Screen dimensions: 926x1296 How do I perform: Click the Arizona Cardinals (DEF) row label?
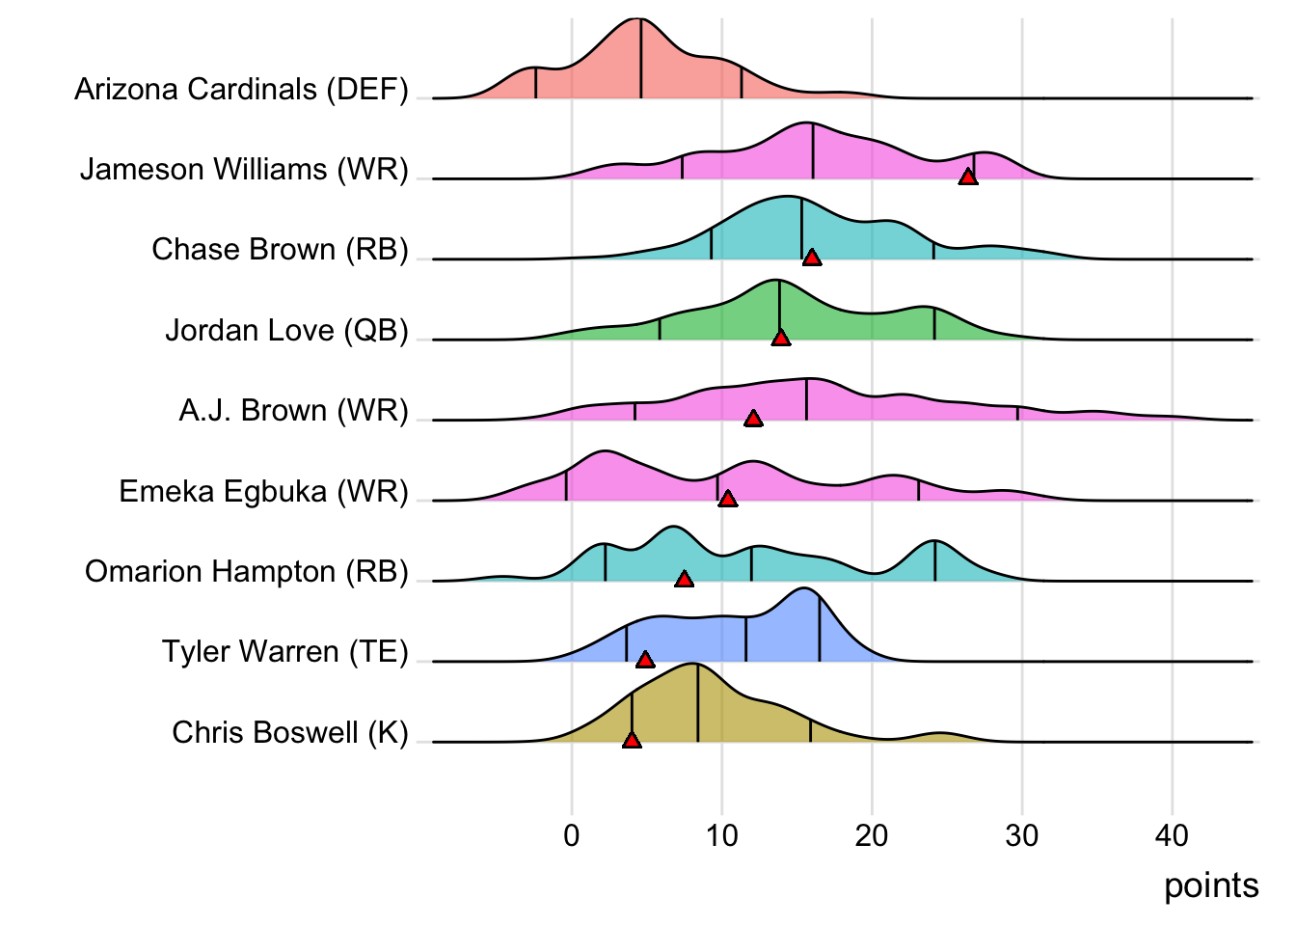point(241,90)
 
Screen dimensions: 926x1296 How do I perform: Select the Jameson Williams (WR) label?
point(244,170)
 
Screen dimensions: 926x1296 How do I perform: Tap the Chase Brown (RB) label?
point(280,250)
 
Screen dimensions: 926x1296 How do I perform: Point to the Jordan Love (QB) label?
point(286,331)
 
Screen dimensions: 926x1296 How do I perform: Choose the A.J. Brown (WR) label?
point(293,411)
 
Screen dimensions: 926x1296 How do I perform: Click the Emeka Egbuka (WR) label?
point(263,492)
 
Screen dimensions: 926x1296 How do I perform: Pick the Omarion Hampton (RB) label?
point(246,572)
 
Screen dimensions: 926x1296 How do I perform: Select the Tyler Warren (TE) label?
point(284,652)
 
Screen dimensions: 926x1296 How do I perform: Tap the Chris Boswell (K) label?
point(289,733)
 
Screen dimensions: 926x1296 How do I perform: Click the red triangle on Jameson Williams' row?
point(967,176)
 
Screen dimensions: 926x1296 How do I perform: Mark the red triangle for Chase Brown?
point(812,257)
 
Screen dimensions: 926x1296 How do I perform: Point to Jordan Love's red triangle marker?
point(781,337)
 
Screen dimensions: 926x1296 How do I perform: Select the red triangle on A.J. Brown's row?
point(753,418)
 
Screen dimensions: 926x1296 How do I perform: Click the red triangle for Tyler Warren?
point(645,659)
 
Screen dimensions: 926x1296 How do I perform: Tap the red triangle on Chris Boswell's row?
point(632,740)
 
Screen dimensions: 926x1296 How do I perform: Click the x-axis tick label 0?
point(572,835)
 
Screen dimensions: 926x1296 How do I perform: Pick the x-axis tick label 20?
point(872,835)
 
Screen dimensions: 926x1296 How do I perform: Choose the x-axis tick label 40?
point(1172,835)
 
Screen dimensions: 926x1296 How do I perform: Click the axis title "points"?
point(1211,886)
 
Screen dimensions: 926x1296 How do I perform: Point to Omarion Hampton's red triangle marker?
point(684,579)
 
